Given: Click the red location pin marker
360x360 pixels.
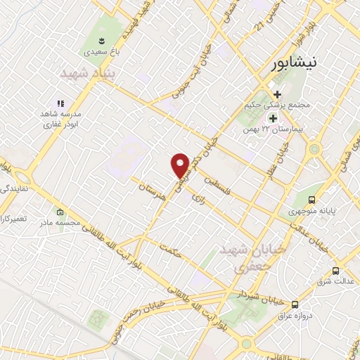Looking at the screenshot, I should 181,165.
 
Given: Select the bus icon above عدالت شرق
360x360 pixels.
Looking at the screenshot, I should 335,271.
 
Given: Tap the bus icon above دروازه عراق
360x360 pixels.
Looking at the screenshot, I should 295,304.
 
